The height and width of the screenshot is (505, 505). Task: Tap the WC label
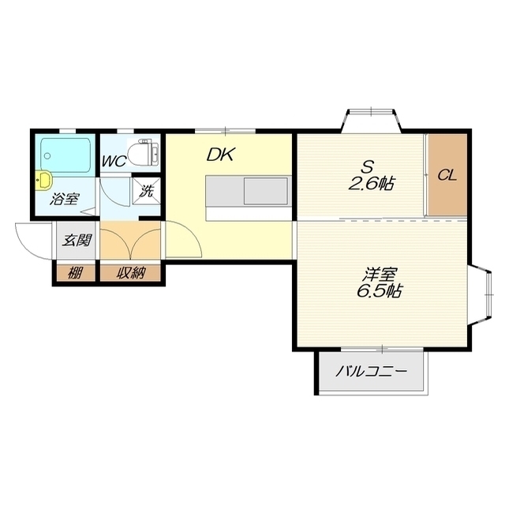(x=114, y=161)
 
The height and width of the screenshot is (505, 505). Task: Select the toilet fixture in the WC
(x=143, y=152)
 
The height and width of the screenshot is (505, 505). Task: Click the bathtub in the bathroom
(x=65, y=157)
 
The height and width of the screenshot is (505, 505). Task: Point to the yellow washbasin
(x=43, y=180)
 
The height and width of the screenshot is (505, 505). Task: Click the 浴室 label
(x=64, y=199)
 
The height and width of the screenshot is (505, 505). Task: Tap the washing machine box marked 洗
(x=146, y=191)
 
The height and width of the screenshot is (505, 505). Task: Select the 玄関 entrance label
(x=77, y=240)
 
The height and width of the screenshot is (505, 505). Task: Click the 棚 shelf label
(x=75, y=274)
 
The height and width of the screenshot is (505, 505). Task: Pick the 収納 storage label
(x=130, y=273)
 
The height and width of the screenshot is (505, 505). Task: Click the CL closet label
(x=447, y=175)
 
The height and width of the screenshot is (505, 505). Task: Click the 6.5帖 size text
(x=379, y=291)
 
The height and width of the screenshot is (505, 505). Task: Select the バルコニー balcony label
(x=371, y=372)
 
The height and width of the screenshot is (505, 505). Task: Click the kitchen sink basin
(x=265, y=191)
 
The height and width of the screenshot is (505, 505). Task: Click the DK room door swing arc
(x=190, y=233)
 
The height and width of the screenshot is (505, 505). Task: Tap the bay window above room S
(x=371, y=121)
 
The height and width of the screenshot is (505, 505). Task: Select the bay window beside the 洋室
(x=481, y=295)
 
